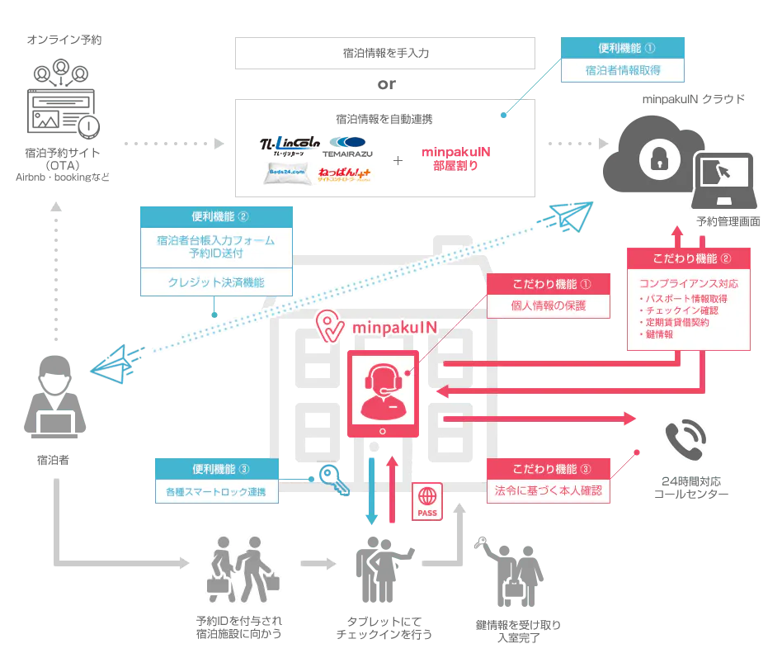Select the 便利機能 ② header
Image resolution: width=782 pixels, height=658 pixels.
[216, 217]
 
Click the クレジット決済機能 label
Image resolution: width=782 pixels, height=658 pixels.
[216, 282]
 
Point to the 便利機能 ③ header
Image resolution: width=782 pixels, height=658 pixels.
[216, 470]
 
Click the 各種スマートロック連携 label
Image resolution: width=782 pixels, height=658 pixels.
[216, 494]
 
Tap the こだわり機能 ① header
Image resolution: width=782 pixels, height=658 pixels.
[549, 284]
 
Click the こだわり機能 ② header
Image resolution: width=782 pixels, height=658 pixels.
[690, 258]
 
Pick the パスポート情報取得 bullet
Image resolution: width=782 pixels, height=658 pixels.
[685, 298]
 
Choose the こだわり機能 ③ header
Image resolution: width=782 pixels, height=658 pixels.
[549, 469]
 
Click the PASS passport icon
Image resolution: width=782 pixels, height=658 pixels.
[427, 502]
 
